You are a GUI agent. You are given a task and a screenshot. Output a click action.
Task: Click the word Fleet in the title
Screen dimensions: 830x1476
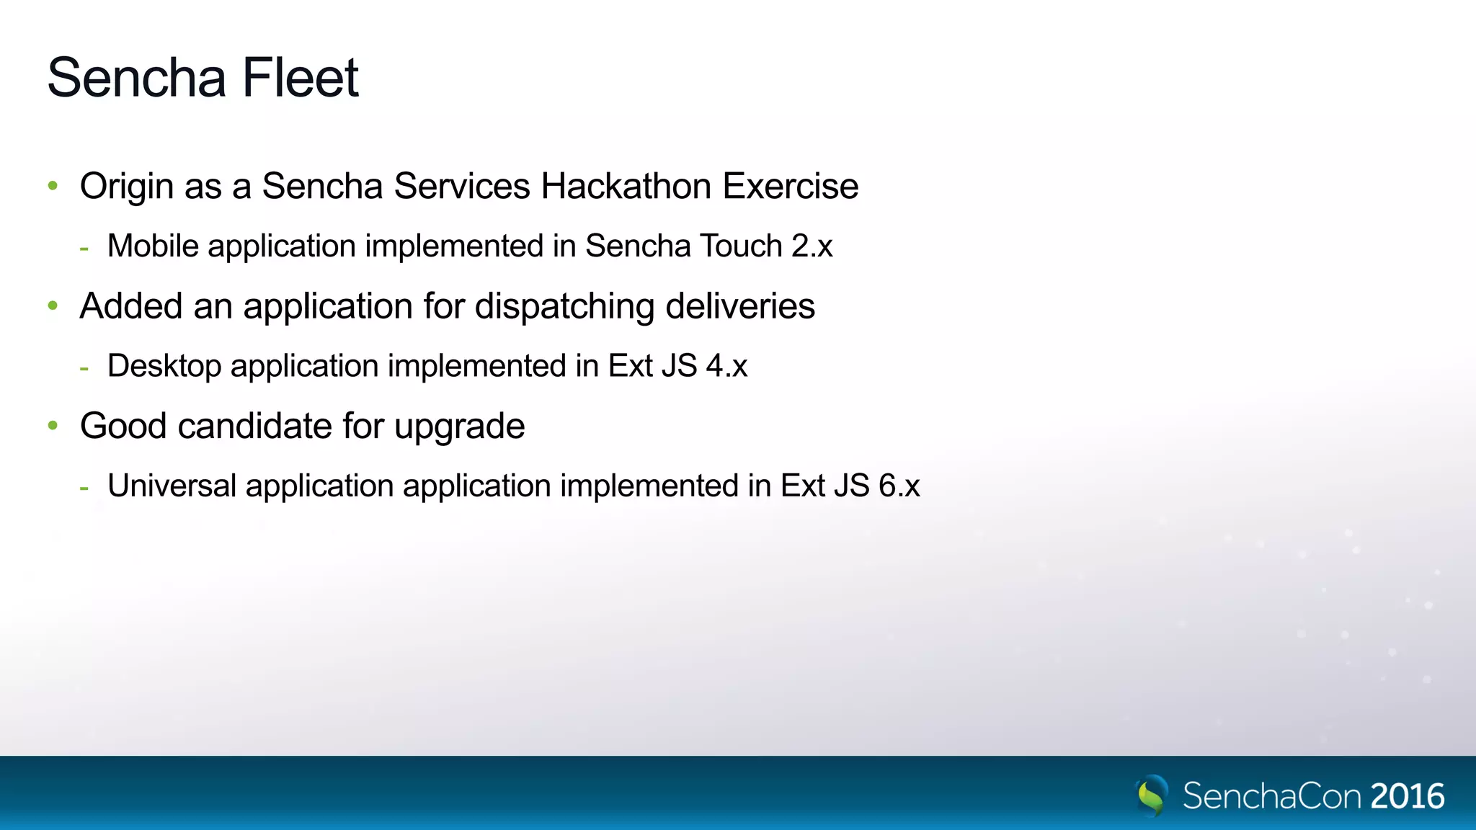click(300, 78)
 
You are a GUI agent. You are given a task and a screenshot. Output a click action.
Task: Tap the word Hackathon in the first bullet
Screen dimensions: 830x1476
click(626, 186)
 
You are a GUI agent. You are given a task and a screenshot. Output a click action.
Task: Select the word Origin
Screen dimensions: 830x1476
click(127, 186)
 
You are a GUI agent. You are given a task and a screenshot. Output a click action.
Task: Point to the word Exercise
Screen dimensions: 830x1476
click(791, 186)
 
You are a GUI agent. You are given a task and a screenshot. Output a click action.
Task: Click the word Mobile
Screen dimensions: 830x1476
click(153, 246)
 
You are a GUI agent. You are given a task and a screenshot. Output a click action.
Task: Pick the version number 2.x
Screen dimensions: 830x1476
click(812, 246)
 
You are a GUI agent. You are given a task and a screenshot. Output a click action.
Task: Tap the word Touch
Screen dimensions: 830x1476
click(741, 246)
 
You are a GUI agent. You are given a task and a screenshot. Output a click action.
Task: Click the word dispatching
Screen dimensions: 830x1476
click(565, 306)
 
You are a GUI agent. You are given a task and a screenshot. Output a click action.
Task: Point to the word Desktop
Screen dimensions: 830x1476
click(164, 366)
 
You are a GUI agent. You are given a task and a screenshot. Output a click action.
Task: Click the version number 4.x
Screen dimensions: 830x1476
click(726, 366)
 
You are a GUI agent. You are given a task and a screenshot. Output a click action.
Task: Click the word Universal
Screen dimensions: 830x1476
click(172, 486)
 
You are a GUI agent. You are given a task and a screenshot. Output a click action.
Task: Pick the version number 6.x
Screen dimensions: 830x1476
click(899, 486)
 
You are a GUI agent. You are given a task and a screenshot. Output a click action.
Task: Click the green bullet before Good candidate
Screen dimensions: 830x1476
click(53, 426)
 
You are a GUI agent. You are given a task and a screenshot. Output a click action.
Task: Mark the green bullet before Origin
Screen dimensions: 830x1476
click(53, 186)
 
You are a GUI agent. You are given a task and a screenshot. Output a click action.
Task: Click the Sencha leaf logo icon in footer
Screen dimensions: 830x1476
click(1152, 795)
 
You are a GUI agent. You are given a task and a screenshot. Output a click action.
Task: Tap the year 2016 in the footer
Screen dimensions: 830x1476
click(1408, 796)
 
